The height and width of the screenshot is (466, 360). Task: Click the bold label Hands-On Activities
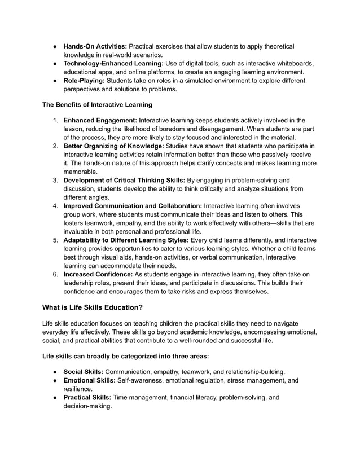point(95,46)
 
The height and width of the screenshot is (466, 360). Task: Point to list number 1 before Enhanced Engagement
point(56,120)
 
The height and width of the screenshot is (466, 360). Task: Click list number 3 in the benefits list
point(56,181)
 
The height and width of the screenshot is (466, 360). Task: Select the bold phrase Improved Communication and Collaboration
point(133,206)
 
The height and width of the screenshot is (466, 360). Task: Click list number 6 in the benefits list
point(56,275)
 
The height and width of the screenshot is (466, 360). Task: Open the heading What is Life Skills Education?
point(93,308)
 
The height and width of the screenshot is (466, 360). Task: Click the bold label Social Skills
point(83,372)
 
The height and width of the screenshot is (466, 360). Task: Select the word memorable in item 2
point(81,172)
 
